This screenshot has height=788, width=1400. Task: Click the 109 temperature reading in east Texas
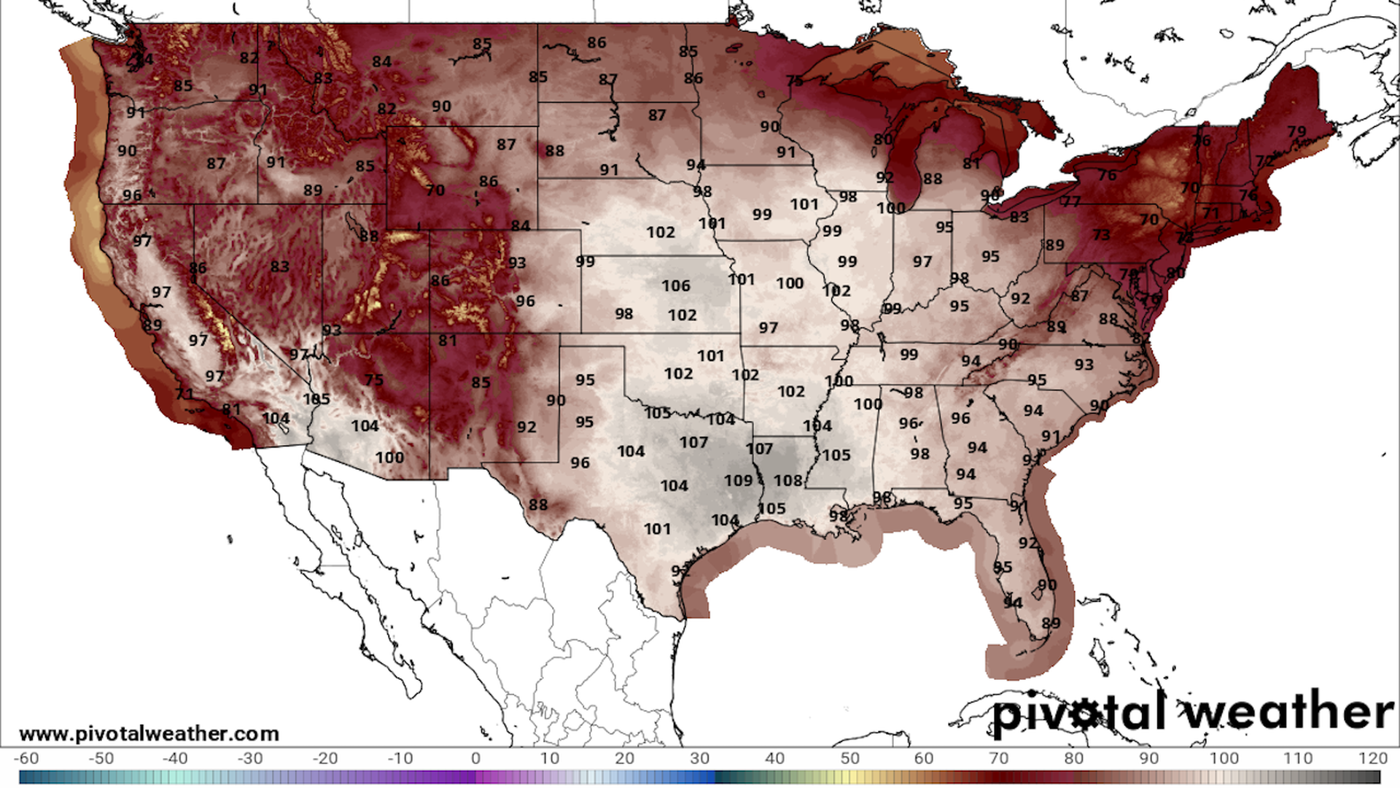tap(738, 481)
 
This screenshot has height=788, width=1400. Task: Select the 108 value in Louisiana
tap(788, 481)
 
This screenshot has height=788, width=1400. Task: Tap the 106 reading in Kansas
tap(676, 286)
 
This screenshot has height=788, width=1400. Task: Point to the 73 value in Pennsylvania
tap(1101, 235)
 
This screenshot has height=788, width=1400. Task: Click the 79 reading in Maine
tap(1296, 132)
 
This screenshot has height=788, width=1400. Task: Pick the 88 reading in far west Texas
tap(538, 505)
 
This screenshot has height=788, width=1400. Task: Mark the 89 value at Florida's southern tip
tap(1051, 623)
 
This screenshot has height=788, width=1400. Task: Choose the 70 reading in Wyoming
tap(435, 190)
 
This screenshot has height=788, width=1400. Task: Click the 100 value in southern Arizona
tap(389, 457)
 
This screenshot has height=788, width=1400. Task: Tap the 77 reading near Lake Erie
tap(1070, 201)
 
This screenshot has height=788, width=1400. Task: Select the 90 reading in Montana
tap(441, 107)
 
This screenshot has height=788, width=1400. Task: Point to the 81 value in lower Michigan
tap(971, 164)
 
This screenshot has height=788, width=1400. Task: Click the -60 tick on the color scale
tap(26, 759)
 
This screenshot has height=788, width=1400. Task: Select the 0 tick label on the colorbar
tap(475, 759)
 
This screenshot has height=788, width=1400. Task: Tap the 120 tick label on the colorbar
tap(1373, 759)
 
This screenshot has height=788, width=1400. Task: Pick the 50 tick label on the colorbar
tap(849, 759)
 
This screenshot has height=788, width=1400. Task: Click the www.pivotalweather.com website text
tap(149, 733)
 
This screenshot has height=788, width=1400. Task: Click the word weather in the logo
tap(1289, 711)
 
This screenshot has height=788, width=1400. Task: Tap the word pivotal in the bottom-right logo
tap(1079, 713)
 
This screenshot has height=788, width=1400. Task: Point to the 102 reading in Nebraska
tap(661, 232)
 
